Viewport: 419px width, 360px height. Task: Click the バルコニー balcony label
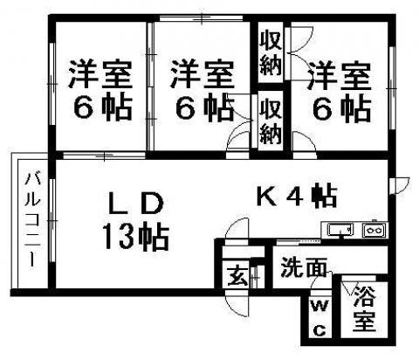(32, 219)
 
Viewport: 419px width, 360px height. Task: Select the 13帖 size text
(136, 237)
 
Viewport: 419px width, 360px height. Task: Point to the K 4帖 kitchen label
(297, 196)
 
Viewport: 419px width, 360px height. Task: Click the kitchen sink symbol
(340, 230)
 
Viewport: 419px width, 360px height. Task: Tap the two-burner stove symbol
(374, 230)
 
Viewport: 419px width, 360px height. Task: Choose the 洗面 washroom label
(303, 267)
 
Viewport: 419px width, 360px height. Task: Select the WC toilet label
(319, 318)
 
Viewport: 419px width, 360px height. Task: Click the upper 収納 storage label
(271, 53)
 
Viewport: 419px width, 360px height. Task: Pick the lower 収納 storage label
(271, 121)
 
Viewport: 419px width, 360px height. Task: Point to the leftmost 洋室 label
(100, 74)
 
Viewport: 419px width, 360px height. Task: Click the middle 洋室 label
(202, 74)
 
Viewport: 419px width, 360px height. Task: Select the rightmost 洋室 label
(340, 76)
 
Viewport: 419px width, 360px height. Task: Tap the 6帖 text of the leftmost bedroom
(102, 107)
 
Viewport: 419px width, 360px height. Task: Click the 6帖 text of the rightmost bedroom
(341, 108)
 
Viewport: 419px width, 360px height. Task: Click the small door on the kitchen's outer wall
(401, 185)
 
